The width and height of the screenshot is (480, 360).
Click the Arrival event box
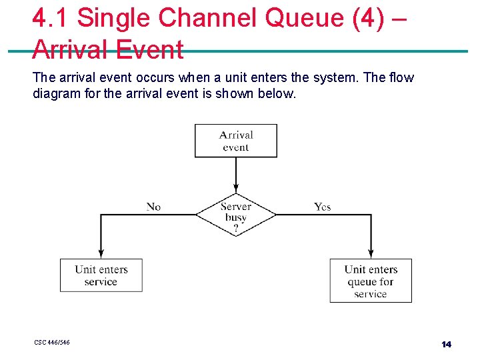(x=235, y=141)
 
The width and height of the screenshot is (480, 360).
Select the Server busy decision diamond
(x=235, y=214)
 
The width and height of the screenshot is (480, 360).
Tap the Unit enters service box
(x=101, y=275)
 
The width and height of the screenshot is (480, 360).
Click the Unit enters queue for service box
(x=371, y=281)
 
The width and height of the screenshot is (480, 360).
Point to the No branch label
(x=153, y=207)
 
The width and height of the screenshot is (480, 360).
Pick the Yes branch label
(x=322, y=207)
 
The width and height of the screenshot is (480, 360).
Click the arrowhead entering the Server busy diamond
(x=235, y=189)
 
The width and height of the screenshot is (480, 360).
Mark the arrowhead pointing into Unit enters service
(x=101, y=254)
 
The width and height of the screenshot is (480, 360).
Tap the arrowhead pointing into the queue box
(x=371, y=254)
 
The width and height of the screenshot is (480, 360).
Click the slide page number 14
(x=446, y=344)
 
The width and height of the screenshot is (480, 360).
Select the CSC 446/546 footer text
(x=52, y=343)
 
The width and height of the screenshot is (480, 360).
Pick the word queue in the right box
(x=362, y=281)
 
